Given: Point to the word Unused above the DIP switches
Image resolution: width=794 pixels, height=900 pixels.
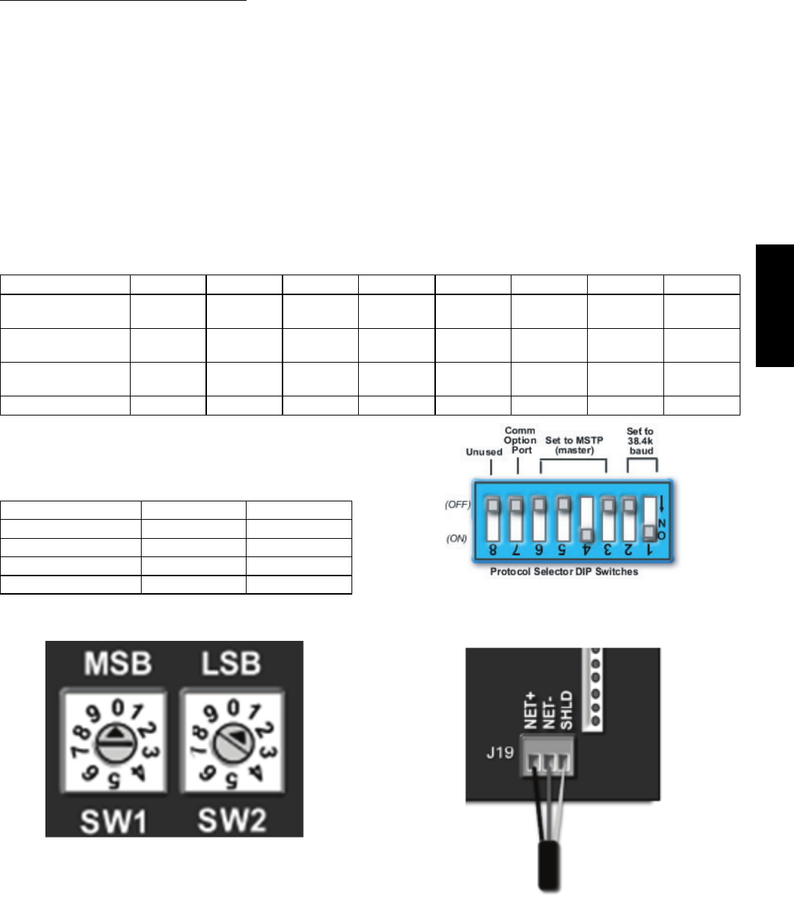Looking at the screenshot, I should [484, 452].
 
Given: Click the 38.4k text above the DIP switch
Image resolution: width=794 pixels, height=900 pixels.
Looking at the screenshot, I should [640, 441].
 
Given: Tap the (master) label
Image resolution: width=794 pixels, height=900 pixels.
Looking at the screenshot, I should [575, 450].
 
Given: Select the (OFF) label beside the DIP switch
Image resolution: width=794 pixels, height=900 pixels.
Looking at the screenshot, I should [457, 505].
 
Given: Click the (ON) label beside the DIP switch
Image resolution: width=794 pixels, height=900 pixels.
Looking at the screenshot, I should [457, 538].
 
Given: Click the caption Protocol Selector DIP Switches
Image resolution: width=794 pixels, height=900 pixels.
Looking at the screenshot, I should [564, 571].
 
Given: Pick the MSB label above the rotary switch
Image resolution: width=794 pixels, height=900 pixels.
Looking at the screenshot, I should [117, 664].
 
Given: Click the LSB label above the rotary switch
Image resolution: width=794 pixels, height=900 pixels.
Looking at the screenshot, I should [230, 664].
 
